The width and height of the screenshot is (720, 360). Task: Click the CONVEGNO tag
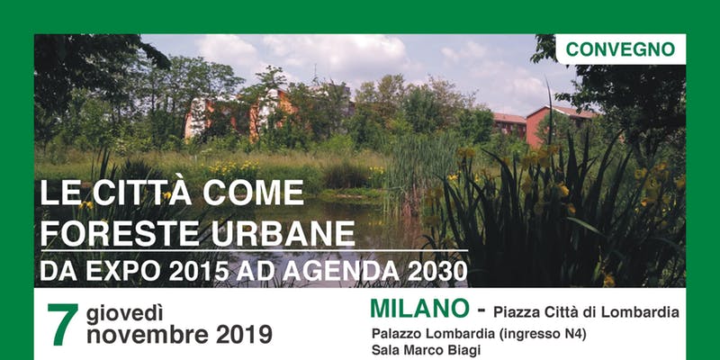point(621,49)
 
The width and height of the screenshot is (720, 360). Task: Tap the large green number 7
point(62,325)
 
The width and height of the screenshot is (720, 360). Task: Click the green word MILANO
point(418,309)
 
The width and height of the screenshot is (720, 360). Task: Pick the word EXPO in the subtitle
point(117,270)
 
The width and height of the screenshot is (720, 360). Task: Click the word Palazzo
point(397,334)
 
